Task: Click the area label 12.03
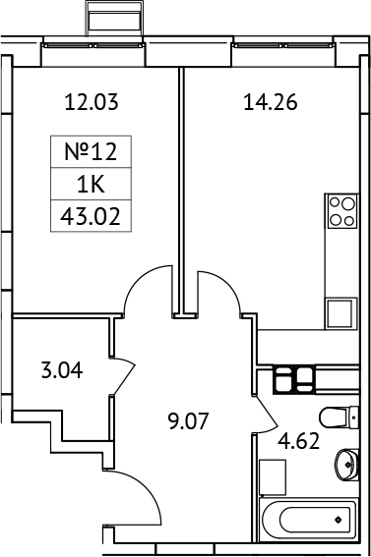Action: [x=84, y=100]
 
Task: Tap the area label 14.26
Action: [x=270, y=100]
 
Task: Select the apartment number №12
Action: [x=91, y=151]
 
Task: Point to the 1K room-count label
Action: [x=91, y=184]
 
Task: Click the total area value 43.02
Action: [x=91, y=215]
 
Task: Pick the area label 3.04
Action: [x=61, y=371]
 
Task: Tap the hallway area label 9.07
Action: [x=189, y=425]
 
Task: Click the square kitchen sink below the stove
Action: [x=340, y=313]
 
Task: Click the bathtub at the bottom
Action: [x=309, y=518]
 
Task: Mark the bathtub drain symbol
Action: [x=339, y=518]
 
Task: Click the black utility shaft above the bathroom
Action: [x=293, y=377]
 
